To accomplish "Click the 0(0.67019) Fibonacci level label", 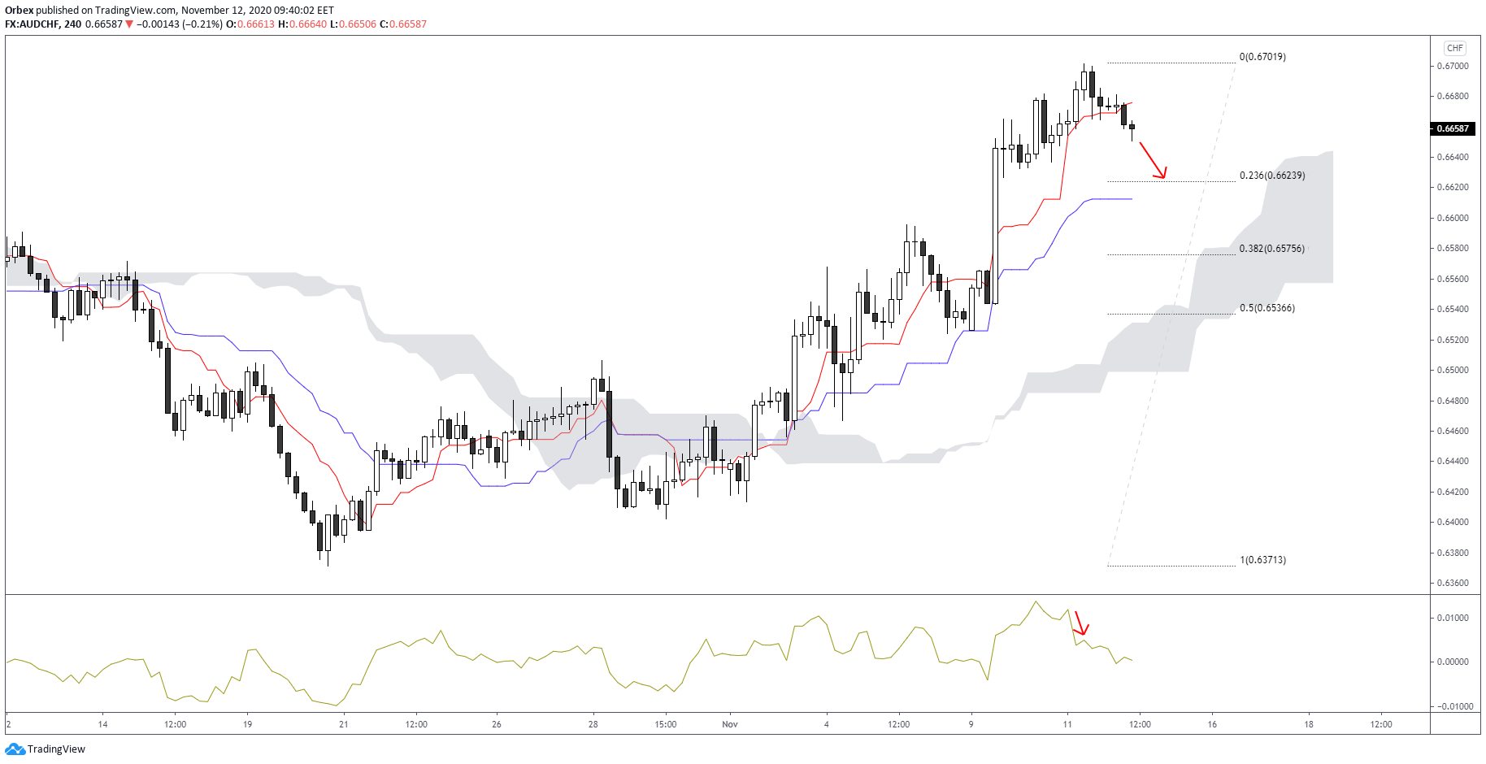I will tap(1262, 57).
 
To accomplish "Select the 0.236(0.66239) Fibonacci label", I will tap(1271, 176).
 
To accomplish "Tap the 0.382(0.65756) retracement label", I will tap(1271, 249).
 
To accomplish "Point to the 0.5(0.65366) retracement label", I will tap(1267, 308).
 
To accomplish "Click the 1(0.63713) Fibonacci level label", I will tap(1262, 560).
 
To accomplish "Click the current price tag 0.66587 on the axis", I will tap(1453, 128).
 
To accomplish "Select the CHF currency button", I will tap(1454, 48).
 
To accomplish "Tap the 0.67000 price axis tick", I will tap(1453, 66).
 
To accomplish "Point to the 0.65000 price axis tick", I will tap(1453, 370).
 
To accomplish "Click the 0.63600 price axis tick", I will tap(1453, 583).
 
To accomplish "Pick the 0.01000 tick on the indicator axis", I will tap(1453, 618).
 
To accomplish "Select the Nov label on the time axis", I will tap(730, 724).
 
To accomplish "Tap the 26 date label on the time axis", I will tap(497, 724).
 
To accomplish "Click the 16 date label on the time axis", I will tap(1212, 724).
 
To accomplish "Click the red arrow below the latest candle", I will tap(1153, 160).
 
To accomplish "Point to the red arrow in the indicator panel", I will tap(1081, 623).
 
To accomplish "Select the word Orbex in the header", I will tap(19, 11).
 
